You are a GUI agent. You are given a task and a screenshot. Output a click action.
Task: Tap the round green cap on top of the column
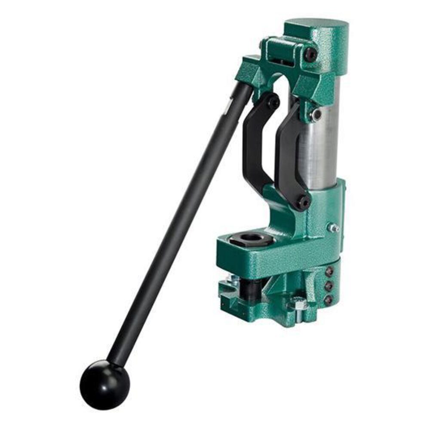pos(316,30)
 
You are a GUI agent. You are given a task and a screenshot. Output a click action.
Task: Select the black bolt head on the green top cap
pos(310,54)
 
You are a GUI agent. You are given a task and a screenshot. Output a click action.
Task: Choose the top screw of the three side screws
pos(329,272)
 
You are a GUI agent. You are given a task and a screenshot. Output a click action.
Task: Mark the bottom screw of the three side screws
pos(329,298)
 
